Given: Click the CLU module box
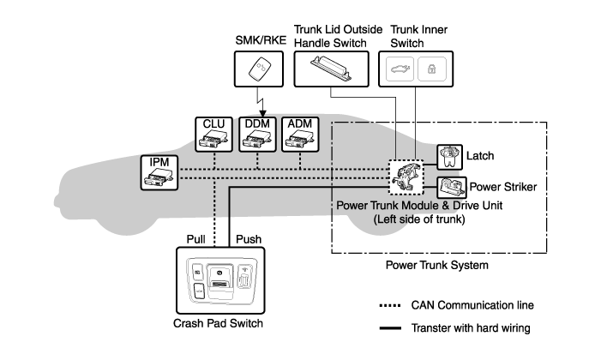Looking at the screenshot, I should tap(213, 135).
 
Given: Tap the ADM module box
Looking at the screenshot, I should tap(300, 135).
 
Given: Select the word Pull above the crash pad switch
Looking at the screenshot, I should tap(197, 240).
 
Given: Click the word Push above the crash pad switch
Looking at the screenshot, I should tap(248, 240).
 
